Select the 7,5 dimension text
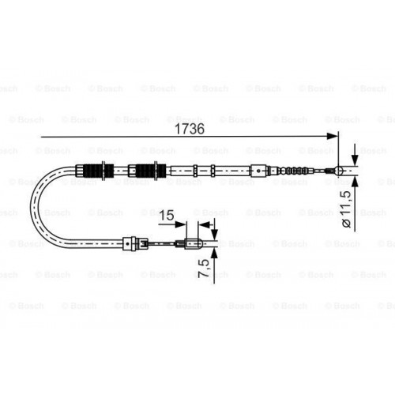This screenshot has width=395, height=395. tap(204, 270)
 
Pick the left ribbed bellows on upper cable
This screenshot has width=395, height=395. tap(94, 168)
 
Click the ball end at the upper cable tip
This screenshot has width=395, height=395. tap(337, 168)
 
